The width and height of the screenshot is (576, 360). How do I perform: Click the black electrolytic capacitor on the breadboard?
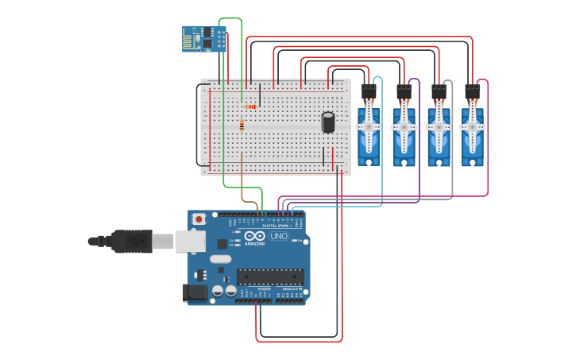[328, 122]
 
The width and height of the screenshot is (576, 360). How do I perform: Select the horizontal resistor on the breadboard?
[251, 106]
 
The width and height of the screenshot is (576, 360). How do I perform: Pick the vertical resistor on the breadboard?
[242, 125]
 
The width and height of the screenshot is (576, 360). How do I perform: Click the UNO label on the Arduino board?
[279, 236]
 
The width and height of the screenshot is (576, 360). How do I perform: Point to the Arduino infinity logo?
[254, 236]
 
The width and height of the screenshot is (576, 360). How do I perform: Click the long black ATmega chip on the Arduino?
[269, 277]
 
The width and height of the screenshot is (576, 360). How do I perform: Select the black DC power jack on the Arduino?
[195, 293]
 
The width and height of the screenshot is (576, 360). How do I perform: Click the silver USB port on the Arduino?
[190, 241]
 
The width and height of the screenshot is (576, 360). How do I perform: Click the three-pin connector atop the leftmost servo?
[369, 91]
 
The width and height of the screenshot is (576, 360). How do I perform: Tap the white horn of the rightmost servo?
[472, 126]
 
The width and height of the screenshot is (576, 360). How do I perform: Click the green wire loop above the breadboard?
[230, 18]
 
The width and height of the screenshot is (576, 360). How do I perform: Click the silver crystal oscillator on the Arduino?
[220, 259]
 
